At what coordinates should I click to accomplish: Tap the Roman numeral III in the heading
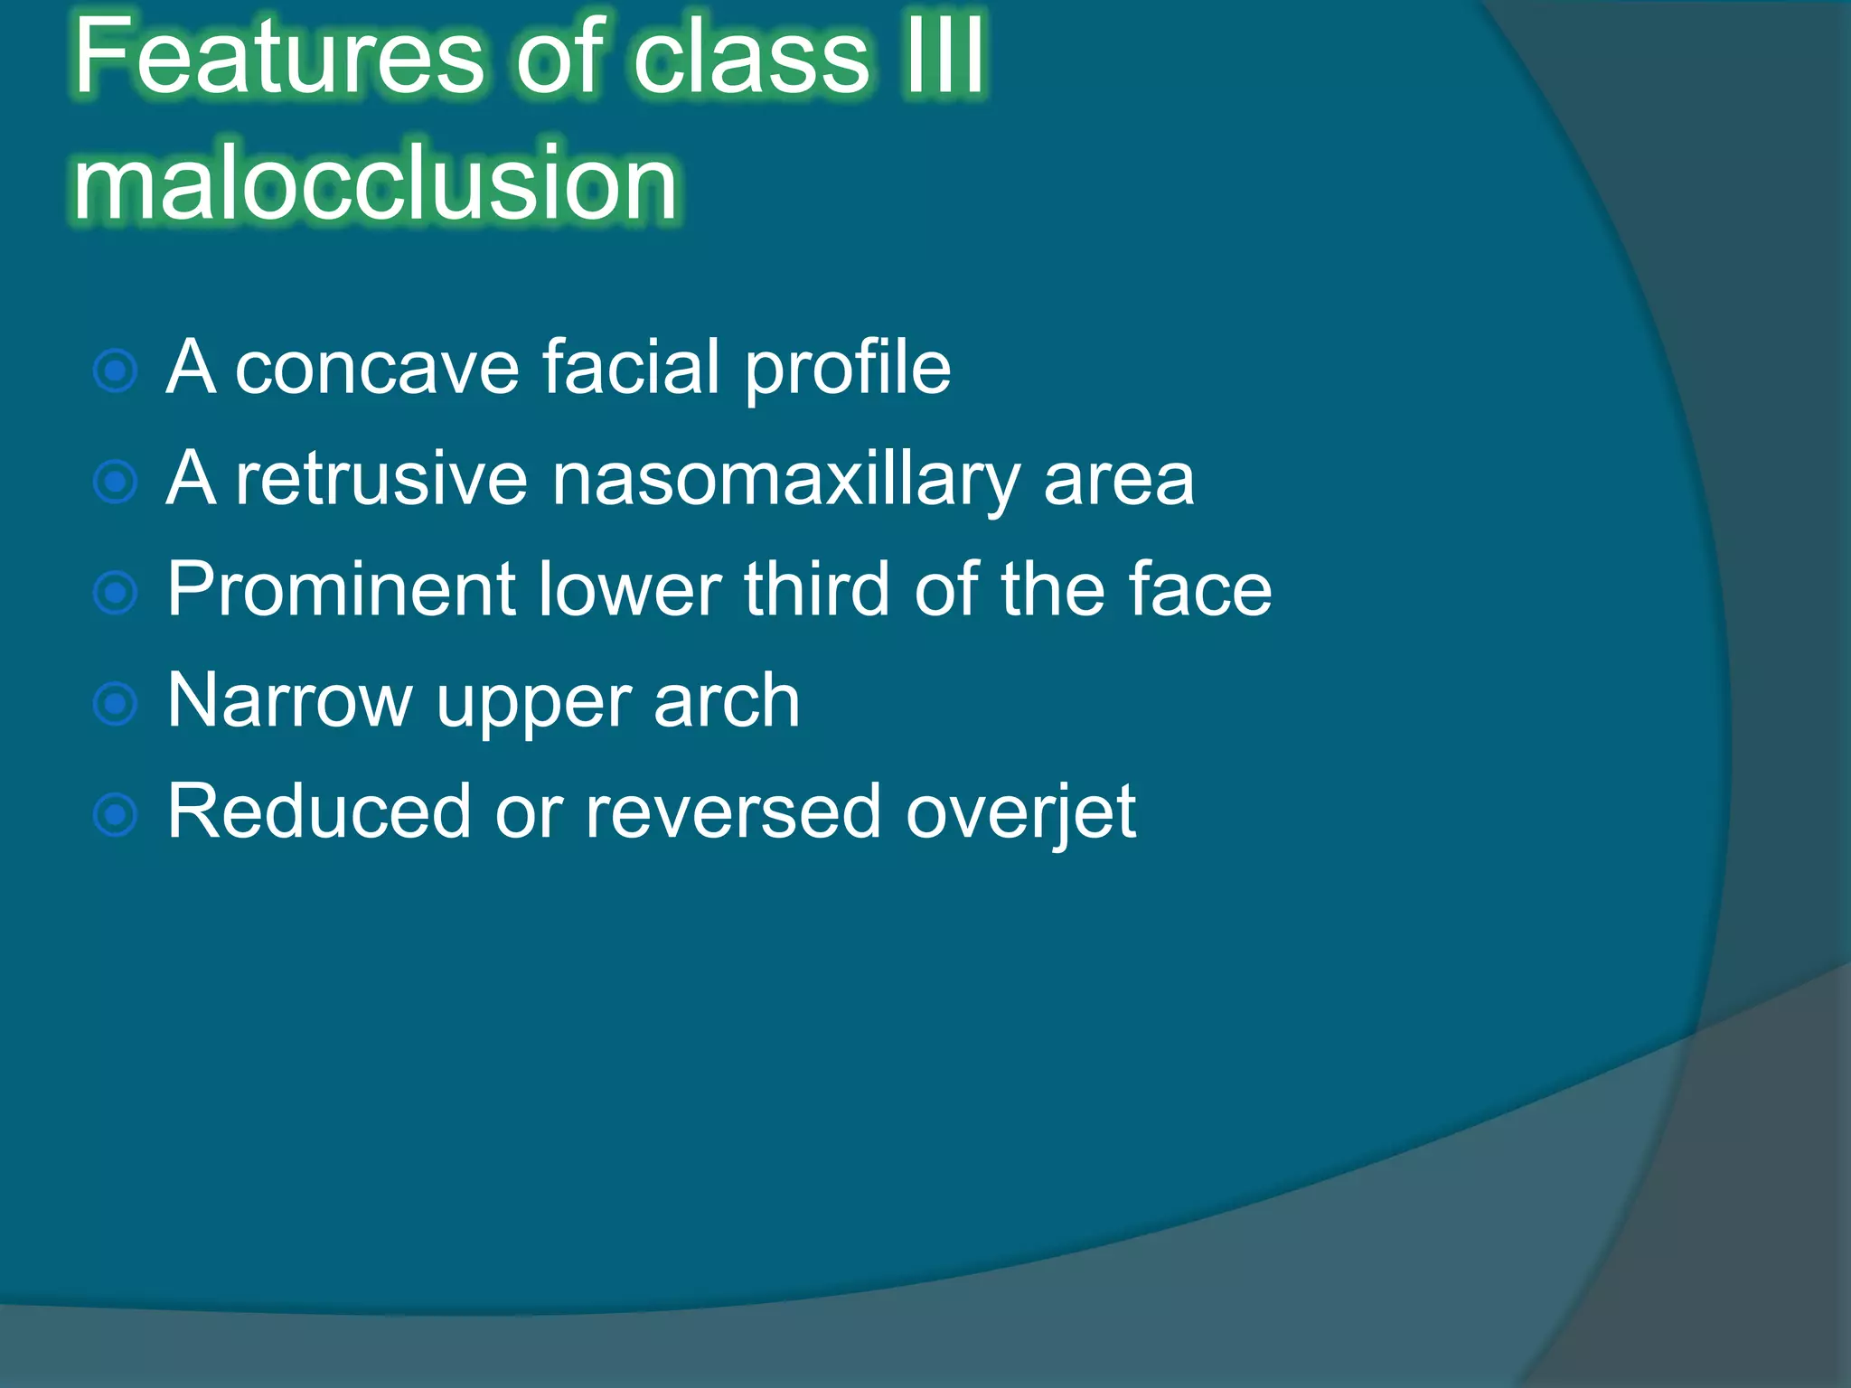[x=945, y=56]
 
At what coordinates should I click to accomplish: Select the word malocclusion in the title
[x=375, y=184]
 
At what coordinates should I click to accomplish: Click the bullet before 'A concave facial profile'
[x=116, y=370]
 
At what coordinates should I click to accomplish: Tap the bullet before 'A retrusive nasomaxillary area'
[x=116, y=482]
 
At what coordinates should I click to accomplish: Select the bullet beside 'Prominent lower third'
[x=116, y=593]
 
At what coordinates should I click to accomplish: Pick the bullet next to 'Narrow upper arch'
[x=116, y=704]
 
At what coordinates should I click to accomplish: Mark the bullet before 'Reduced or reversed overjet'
[x=116, y=815]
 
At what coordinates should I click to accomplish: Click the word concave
[x=377, y=369]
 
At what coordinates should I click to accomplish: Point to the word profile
[x=847, y=369]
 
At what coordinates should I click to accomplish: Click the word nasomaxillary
[x=785, y=480]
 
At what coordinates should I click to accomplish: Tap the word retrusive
[x=381, y=480]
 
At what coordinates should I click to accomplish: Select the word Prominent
[x=342, y=590]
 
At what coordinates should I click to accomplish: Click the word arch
[x=727, y=701]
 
